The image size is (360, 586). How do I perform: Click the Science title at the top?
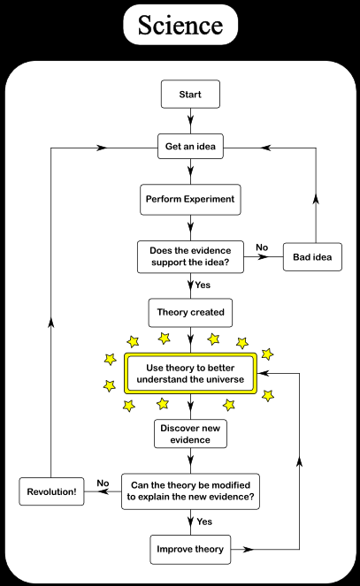pyautogui.click(x=180, y=25)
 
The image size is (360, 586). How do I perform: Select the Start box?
pyautogui.click(x=190, y=95)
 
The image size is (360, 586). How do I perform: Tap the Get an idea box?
pyautogui.click(x=190, y=147)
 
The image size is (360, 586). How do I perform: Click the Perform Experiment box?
pyautogui.click(x=190, y=199)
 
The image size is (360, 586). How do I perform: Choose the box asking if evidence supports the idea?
pyautogui.click(x=190, y=256)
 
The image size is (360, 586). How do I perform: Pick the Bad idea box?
pyautogui.click(x=312, y=256)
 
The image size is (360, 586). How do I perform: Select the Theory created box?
pyautogui.click(x=190, y=312)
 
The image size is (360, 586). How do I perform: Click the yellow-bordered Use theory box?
pyautogui.click(x=190, y=373)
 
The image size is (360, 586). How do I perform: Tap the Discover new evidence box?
pyautogui.click(x=190, y=433)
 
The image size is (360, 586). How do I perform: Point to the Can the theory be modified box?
pyautogui.click(x=190, y=491)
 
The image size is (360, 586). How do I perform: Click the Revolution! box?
pyautogui.click(x=51, y=491)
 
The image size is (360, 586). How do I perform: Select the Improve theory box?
pyautogui.click(x=190, y=550)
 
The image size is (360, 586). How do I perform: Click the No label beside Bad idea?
pyautogui.click(x=262, y=247)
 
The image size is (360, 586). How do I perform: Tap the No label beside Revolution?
pyautogui.click(x=103, y=483)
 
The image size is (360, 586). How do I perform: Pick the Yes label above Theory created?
pyautogui.click(x=203, y=285)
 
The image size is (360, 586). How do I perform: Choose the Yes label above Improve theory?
pyautogui.click(x=204, y=521)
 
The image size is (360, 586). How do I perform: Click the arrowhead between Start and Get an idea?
pyautogui.click(x=191, y=120)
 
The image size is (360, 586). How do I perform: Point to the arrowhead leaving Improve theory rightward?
pyautogui.click(x=249, y=550)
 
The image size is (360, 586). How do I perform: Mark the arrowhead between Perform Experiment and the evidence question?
pyautogui.click(x=191, y=226)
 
